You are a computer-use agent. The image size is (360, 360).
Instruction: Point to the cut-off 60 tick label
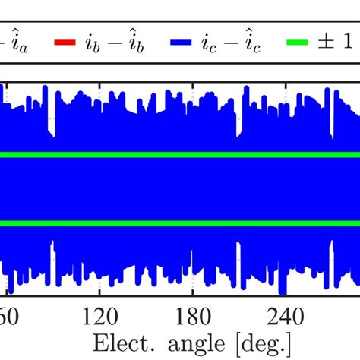[x=8, y=315]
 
